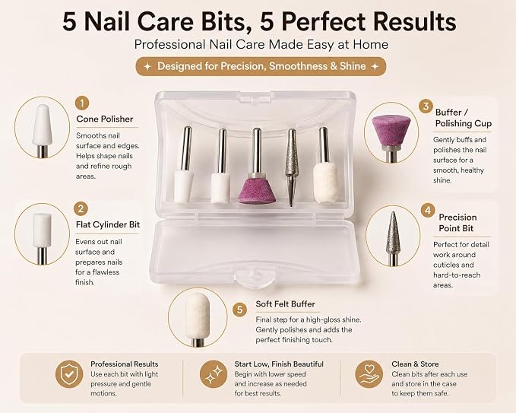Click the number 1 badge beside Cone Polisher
pos(82,103)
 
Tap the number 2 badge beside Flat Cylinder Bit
pos(81,209)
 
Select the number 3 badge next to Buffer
pos(426,106)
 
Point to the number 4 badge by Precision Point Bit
pos(428,211)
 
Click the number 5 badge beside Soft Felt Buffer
pos(239,310)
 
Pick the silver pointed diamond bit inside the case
pos(291,167)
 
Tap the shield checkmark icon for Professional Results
pos(69,373)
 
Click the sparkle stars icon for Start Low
pos(214,373)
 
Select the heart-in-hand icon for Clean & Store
pos(369,373)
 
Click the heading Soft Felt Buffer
pos(285,304)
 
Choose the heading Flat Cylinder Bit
pos(108,224)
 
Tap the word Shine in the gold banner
pos(353,66)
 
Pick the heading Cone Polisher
pos(105,119)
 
